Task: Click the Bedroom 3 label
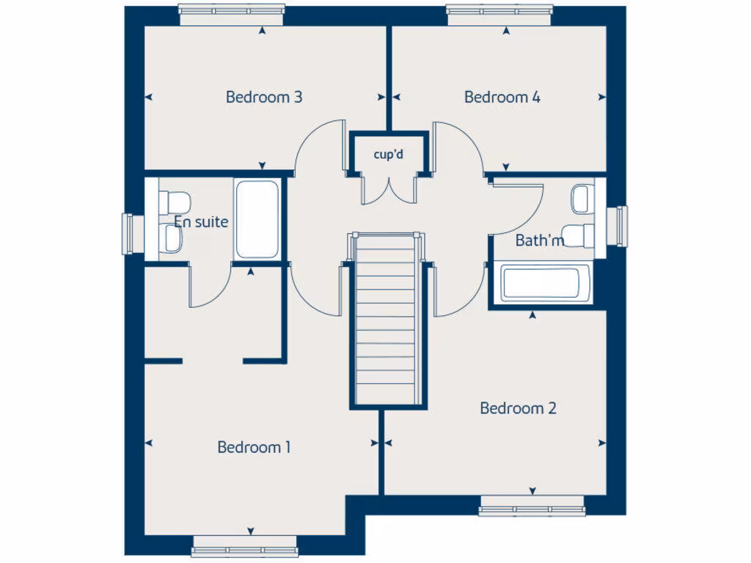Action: (264, 97)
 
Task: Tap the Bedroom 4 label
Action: (502, 97)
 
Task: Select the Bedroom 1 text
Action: (254, 447)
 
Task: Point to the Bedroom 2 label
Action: (518, 408)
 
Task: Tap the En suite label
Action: (201, 221)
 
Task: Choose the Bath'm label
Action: (540, 240)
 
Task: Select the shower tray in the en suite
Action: (257, 218)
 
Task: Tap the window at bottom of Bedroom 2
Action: (532, 506)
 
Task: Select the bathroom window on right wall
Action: (621, 226)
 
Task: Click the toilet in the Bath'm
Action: (582, 235)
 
